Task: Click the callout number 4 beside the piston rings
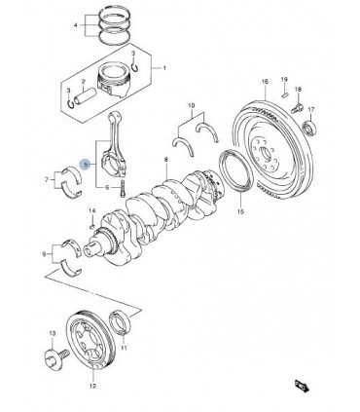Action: (76, 25)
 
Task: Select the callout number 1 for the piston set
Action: (164, 68)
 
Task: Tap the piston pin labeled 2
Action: (85, 96)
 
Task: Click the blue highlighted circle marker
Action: (85, 165)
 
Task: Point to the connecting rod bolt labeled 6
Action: (123, 188)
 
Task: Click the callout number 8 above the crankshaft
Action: (166, 160)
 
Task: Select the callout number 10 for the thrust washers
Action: (192, 105)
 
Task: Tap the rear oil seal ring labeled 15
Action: (236, 170)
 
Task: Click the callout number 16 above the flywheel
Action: (265, 81)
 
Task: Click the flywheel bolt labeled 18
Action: (297, 107)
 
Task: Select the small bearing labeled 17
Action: (309, 128)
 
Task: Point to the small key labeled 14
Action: (92, 224)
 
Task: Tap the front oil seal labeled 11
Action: (121, 322)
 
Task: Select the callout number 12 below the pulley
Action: (92, 386)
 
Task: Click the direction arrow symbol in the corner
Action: (301, 386)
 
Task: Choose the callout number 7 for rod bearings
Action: (47, 179)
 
